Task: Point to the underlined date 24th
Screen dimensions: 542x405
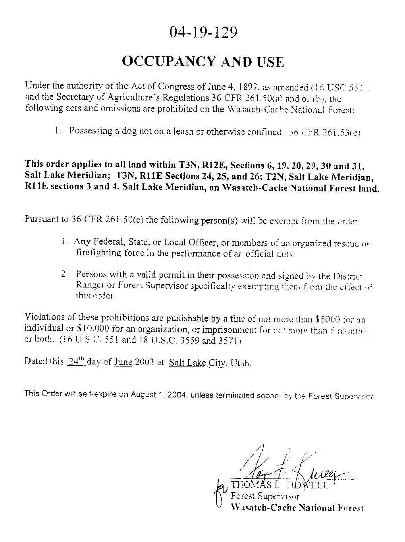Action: click(x=76, y=361)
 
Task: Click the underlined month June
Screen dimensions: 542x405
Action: click(x=123, y=362)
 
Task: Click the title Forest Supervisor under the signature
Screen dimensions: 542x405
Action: click(x=265, y=496)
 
